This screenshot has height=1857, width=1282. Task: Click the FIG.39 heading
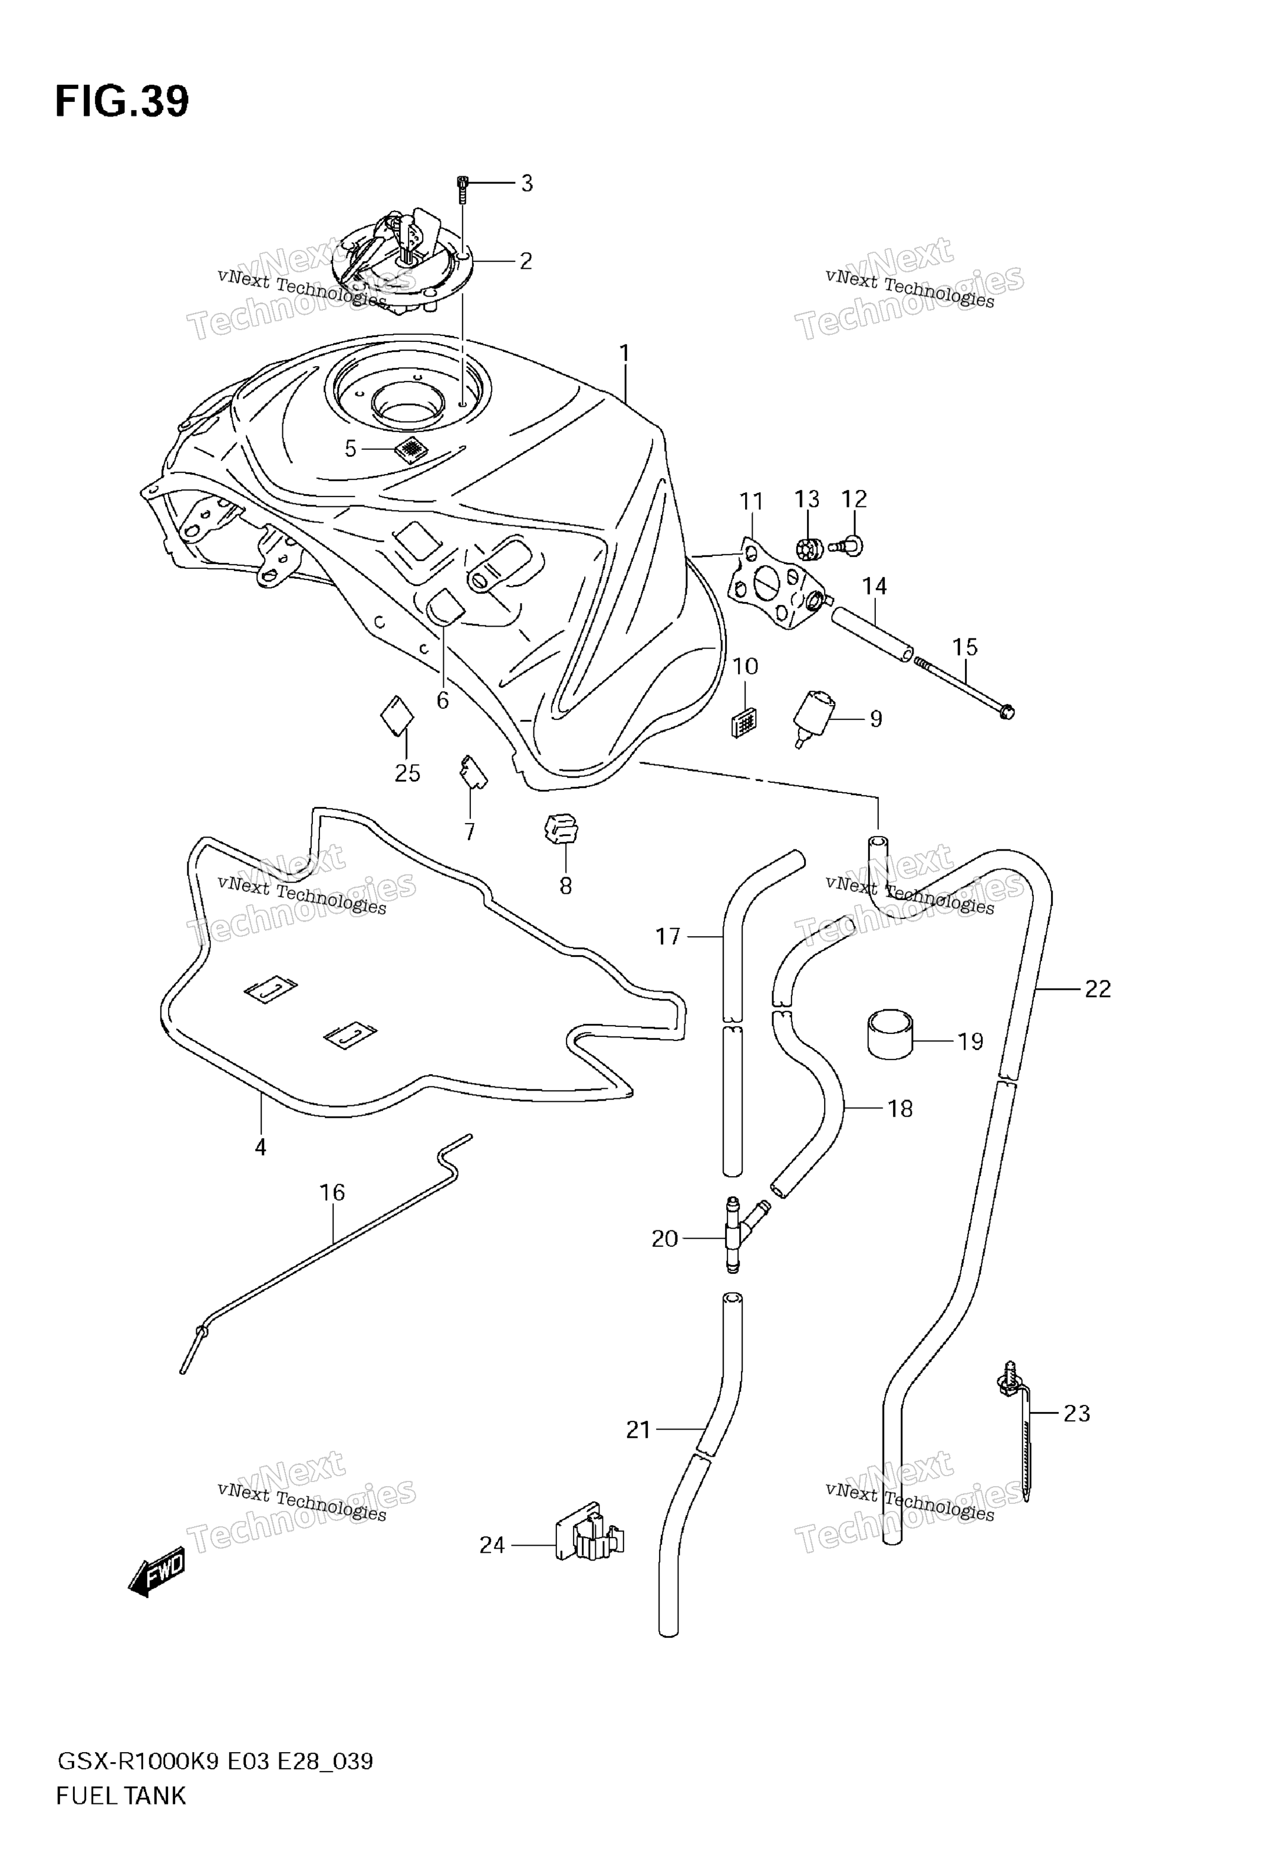coord(122,102)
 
